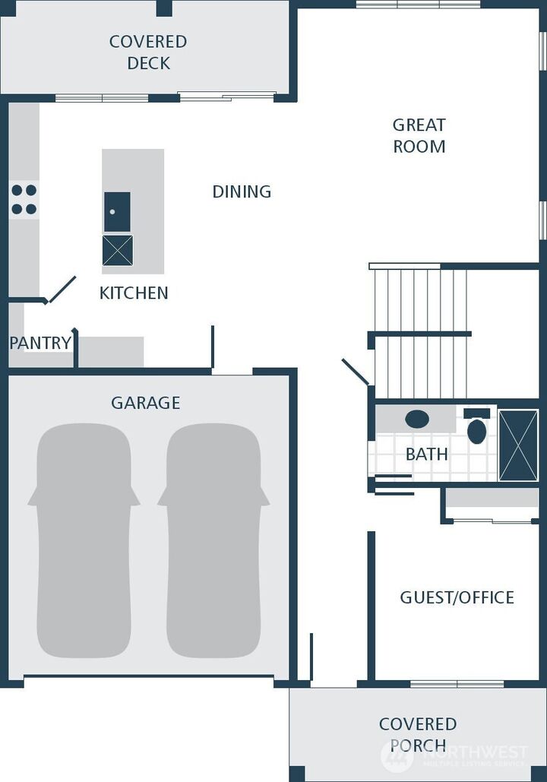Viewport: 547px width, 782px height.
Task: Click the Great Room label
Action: (x=419, y=135)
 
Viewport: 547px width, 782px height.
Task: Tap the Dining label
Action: (x=242, y=192)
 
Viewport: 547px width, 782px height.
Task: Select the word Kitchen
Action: (x=134, y=293)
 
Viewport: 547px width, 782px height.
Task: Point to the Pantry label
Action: (x=40, y=344)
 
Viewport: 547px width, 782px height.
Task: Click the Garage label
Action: (x=146, y=403)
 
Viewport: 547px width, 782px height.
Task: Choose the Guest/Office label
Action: (x=457, y=597)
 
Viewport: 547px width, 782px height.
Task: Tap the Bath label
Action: (x=426, y=454)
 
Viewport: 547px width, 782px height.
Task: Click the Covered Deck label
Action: (x=148, y=52)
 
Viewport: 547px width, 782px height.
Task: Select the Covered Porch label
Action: (x=418, y=735)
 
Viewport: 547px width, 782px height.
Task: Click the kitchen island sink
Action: (x=117, y=212)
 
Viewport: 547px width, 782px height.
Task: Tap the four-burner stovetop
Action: (x=24, y=199)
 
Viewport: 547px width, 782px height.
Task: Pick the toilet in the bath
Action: (x=476, y=426)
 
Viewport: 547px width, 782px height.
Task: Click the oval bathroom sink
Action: (x=417, y=419)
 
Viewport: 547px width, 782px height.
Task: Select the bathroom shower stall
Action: (x=519, y=445)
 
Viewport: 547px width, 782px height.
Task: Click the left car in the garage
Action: (x=84, y=540)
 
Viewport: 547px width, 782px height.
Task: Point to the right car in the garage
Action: (x=213, y=540)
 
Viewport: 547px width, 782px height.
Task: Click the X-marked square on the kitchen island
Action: (x=118, y=250)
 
